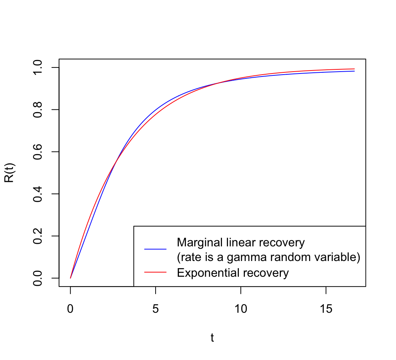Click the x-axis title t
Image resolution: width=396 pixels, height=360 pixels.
(x=212, y=338)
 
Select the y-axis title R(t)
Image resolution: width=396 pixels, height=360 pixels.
(x=9, y=172)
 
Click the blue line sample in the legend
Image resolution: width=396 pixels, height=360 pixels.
(x=155, y=249)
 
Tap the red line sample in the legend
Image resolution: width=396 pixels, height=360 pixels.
(x=155, y=273)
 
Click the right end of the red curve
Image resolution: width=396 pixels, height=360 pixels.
(x=354, y=69)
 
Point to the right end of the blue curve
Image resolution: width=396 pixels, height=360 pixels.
(x=354, y=71)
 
